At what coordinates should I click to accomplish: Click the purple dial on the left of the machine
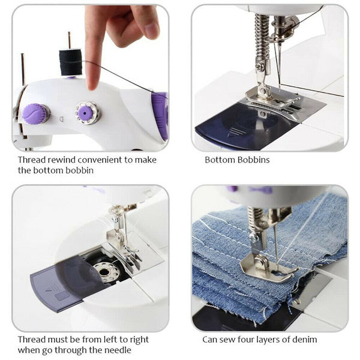pos(36,113)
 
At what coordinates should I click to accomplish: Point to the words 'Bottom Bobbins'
pos(237,160)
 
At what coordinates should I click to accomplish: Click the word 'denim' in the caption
pos(304,340)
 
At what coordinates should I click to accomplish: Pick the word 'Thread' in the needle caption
pos(31,340)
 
